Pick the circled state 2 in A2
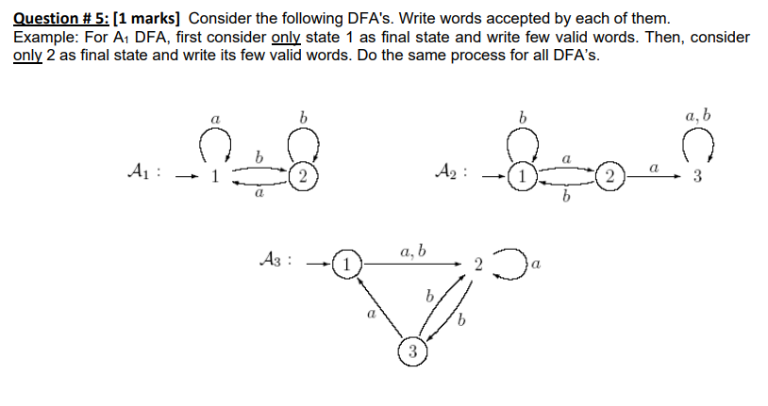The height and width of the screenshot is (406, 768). tap(611, 177)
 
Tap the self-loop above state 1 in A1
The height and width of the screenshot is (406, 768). tap(214, 144)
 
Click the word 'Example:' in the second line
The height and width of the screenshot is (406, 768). tap(44, 37)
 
